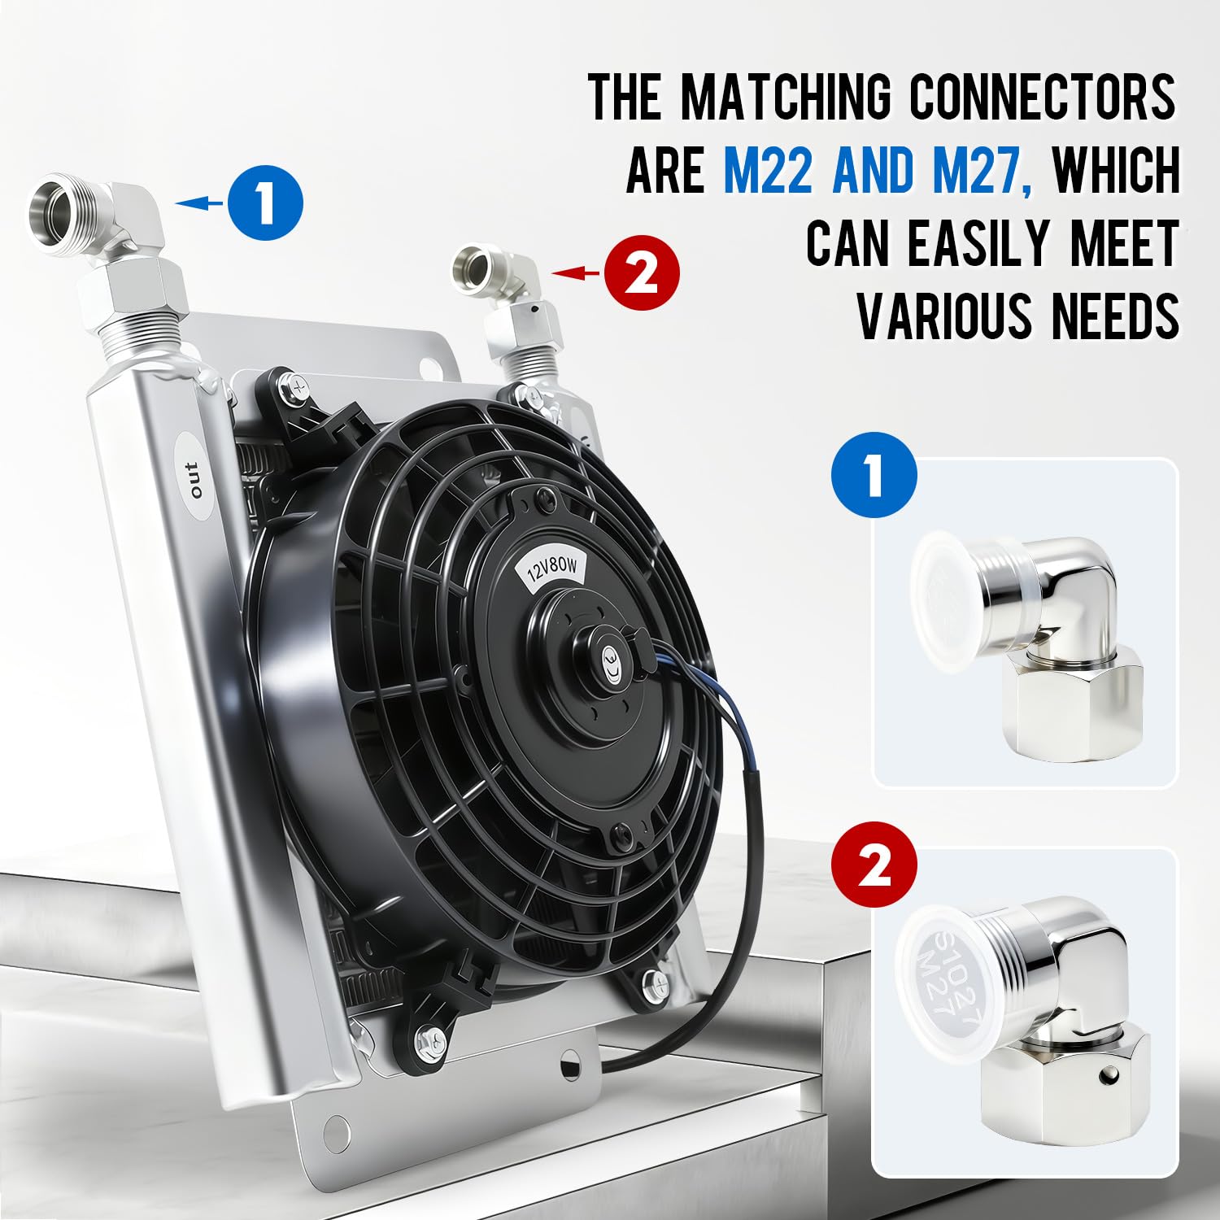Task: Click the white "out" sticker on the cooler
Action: tap(194, 481)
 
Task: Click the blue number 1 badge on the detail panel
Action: tap(874, 476)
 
